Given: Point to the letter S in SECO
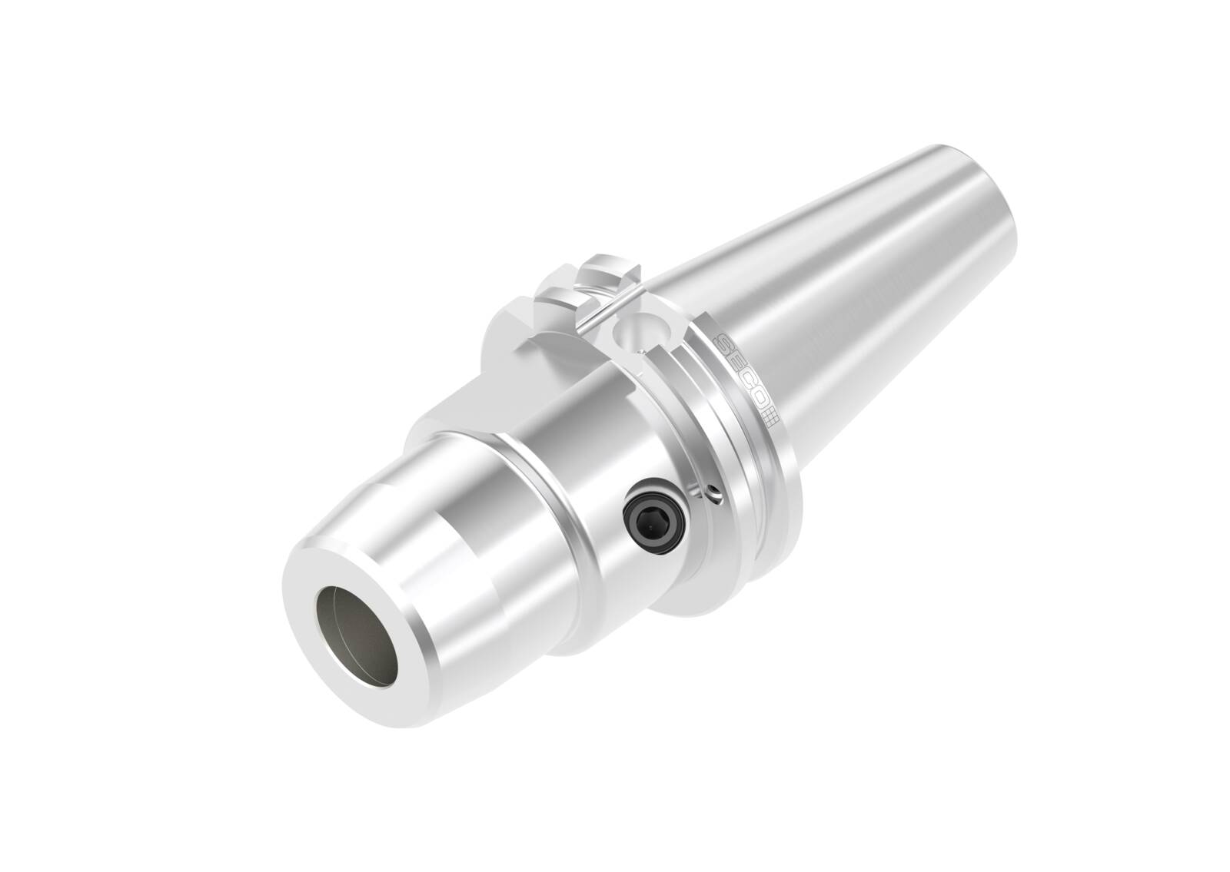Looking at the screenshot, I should click(x=726, y=345).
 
